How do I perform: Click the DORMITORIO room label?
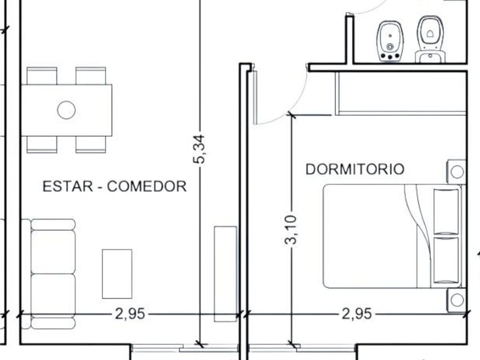point(355,169)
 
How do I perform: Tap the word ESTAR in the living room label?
point(67,186)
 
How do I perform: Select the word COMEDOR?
point(147,186)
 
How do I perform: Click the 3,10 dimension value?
point(290,230)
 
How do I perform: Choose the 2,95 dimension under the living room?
point(130,314)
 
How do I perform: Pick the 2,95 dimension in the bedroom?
point(357,314)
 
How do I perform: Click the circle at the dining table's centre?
point(66,110)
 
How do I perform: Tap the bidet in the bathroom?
point(390,41)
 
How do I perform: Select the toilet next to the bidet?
point(430,39)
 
